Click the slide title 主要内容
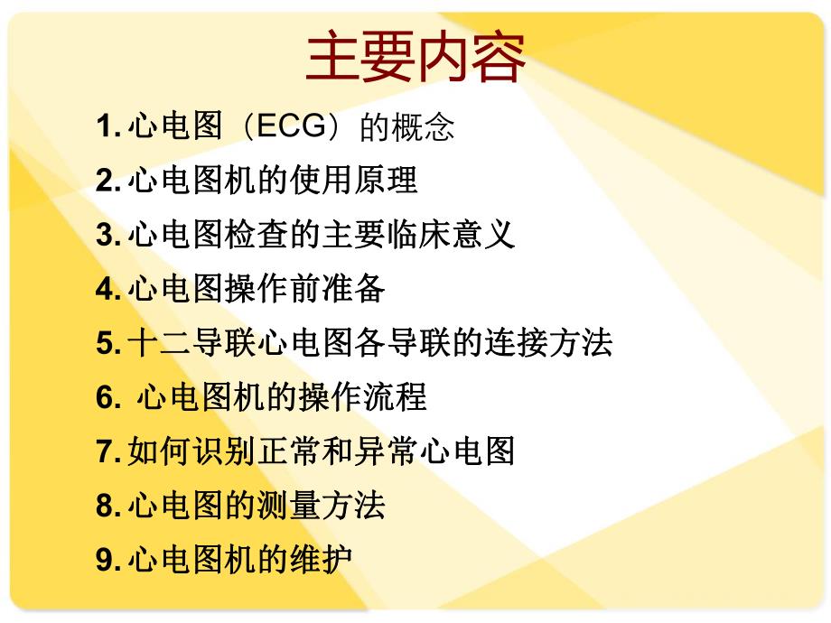tap(415, 59)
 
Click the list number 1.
tap(105, 127)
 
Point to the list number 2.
tap(105, 181)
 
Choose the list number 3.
tap(105, 235)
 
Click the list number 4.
tap(105, 289)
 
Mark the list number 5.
tap(105, 343)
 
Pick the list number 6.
tap(105, 397)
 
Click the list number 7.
tap(105, 451)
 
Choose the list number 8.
tap(105, 505)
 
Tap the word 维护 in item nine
tap(321, 559)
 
